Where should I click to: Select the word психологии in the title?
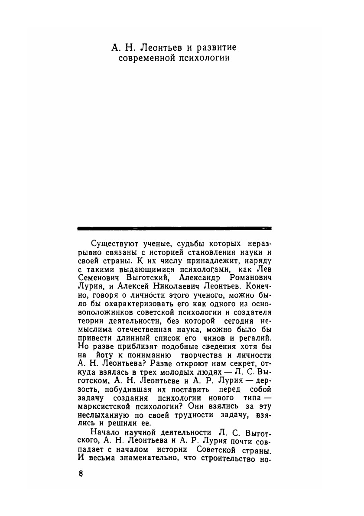point(206,58)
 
